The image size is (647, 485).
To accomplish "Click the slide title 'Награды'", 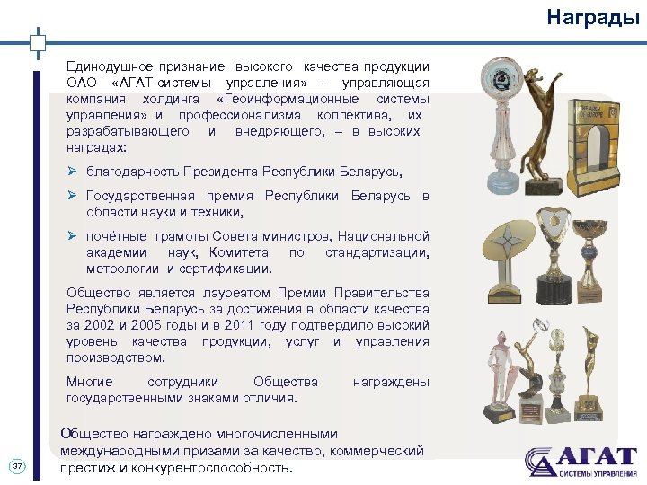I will [x=594, y=19].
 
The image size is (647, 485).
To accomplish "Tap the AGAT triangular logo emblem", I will [x=541, y=460].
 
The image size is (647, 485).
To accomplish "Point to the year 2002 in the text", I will [x=99, y=325].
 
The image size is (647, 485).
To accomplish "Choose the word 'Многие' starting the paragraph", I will [x=89, y=382].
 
